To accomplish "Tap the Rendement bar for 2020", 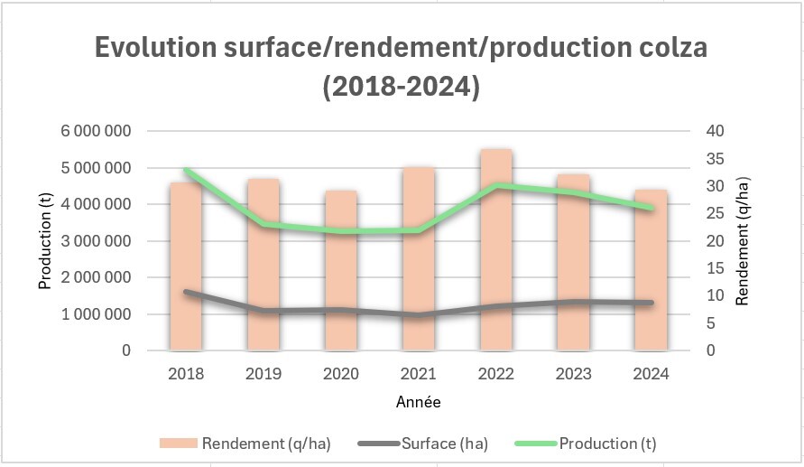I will pyautogui.click(x=341, y=271).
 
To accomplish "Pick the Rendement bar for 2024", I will pyautogui.click(x=651, y=271).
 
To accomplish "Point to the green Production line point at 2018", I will pyautogui.click(x=187, y=171).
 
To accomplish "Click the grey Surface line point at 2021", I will pyautogui.click(x=419, y=315).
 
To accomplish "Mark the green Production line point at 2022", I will pyautogui.click(x=496, y=185).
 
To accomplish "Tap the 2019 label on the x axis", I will pyautogui.click(x=263, y=374).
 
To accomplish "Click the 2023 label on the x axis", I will pyautogui.click(x=573, y=374).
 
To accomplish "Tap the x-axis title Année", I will pyautogui.click(x=419, y=402).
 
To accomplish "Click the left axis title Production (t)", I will pyautogui.click(x=44, y=241).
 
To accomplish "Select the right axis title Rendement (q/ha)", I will pyautogui.click(x=742, y=241).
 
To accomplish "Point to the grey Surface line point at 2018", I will pyautogui.click(x=187, y=292).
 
